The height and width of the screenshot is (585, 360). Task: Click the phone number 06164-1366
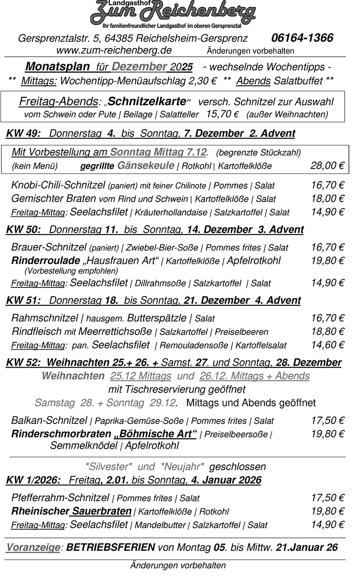pos(302,38)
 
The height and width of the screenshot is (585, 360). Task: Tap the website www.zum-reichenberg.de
pos(114,50)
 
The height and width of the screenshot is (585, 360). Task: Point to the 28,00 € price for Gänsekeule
pos(327,166)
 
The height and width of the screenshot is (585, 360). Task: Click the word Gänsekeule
pos(146,166)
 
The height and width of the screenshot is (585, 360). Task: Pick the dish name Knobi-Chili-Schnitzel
pos(58,185)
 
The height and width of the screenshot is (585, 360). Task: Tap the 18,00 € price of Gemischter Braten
pos(327,199)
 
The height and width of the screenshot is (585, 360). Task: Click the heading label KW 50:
pos(24,230)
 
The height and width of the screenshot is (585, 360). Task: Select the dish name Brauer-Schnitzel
pos(48,247)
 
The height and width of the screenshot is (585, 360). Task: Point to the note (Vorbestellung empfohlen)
pos(71,271)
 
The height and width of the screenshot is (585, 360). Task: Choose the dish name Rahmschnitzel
pos(44,318)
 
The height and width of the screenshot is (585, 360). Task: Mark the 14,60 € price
pos(327,345)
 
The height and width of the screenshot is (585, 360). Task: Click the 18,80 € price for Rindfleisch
pos(327,331)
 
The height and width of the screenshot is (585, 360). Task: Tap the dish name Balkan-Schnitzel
pos(49,420)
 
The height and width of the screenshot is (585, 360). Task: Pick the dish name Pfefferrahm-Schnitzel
pos(60,498)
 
